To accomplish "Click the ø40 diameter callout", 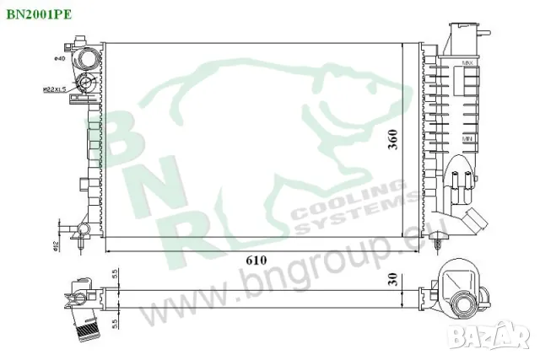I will [59, 57].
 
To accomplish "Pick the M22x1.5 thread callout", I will [55, 89].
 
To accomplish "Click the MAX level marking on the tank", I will [467, 63].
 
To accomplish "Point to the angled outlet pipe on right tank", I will [474, 222].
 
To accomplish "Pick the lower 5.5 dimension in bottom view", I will [115, 323].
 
